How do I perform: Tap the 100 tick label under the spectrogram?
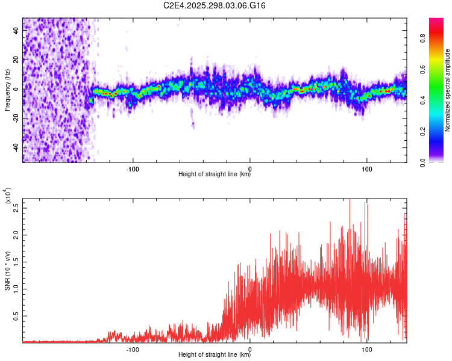pos(366,168)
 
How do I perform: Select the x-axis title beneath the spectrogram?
pos(215,174)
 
